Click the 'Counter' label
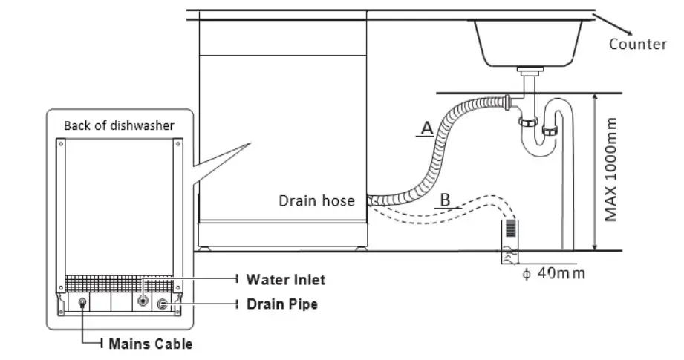[637, 44]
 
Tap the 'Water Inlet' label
[286, 280]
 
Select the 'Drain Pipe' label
[282, 304]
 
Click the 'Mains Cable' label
[151, 344]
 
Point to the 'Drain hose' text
[316, 200]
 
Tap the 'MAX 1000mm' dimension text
[611, 169]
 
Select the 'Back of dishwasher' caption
[119, 125]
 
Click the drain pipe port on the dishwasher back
[163, 304]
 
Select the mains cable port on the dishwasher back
[82, 303]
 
